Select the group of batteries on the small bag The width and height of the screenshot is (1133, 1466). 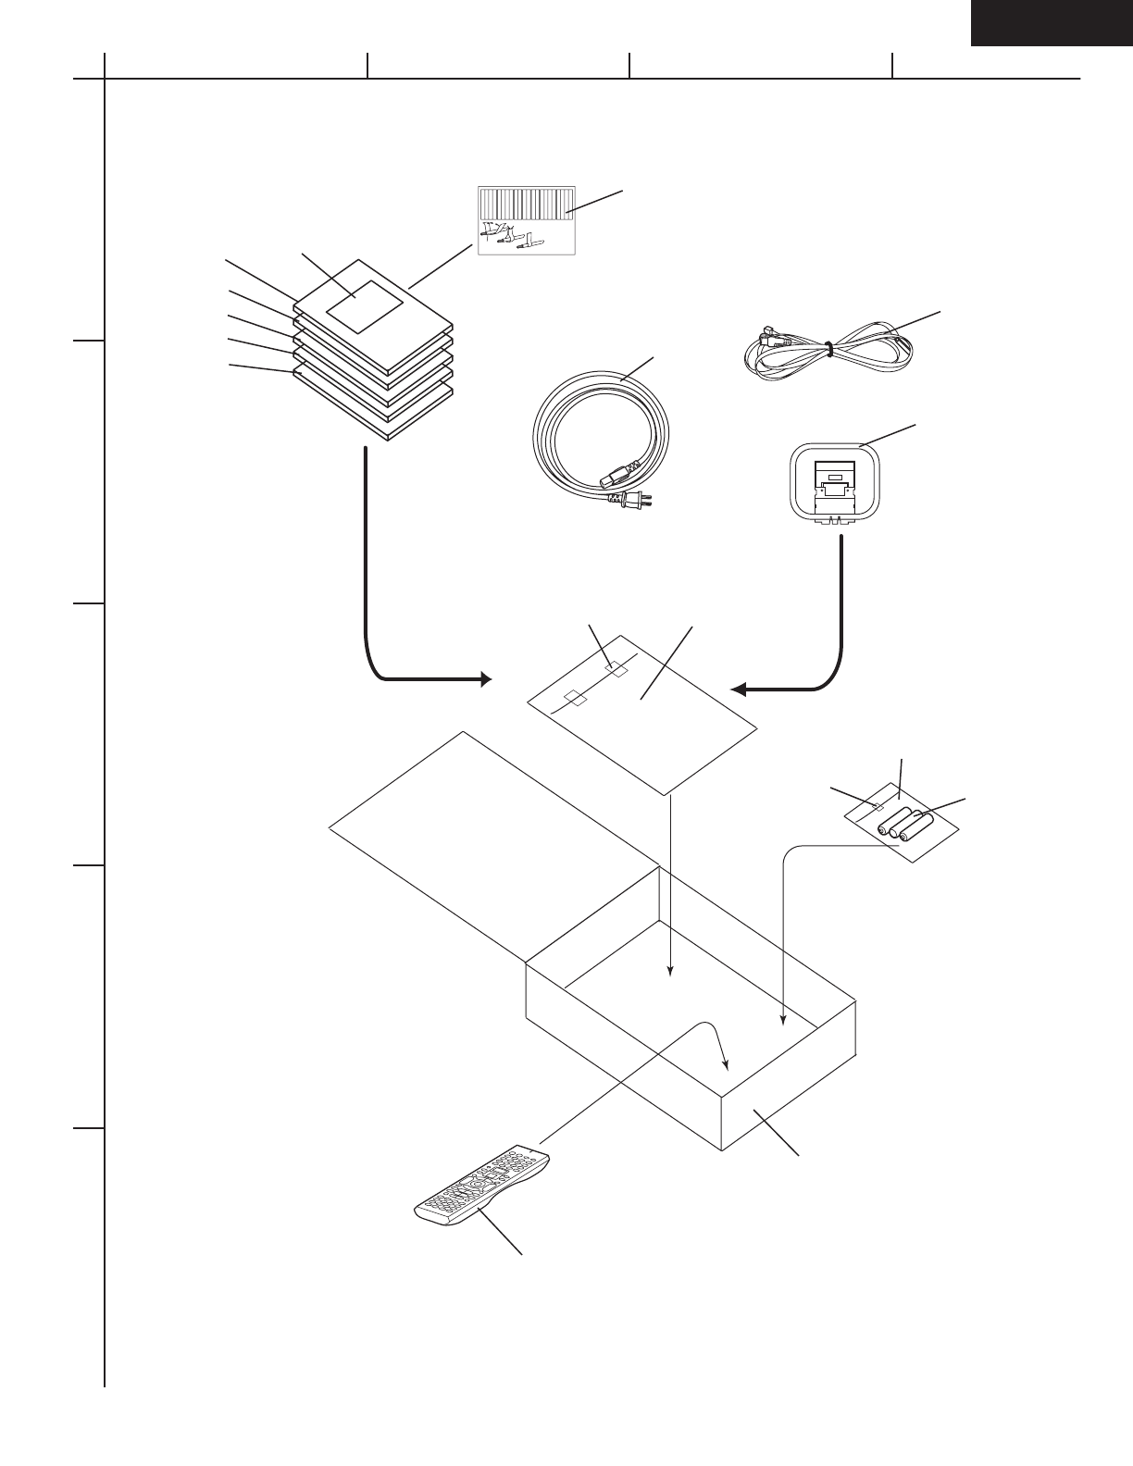click(x=905, y=823)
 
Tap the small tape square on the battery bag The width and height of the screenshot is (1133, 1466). click(x=873, y=807)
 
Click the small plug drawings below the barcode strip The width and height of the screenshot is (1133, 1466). click(x=511, y=237)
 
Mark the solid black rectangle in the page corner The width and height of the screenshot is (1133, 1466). click(x=1051, y=22)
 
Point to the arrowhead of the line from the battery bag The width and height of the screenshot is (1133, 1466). click(x=783, y=1022)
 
